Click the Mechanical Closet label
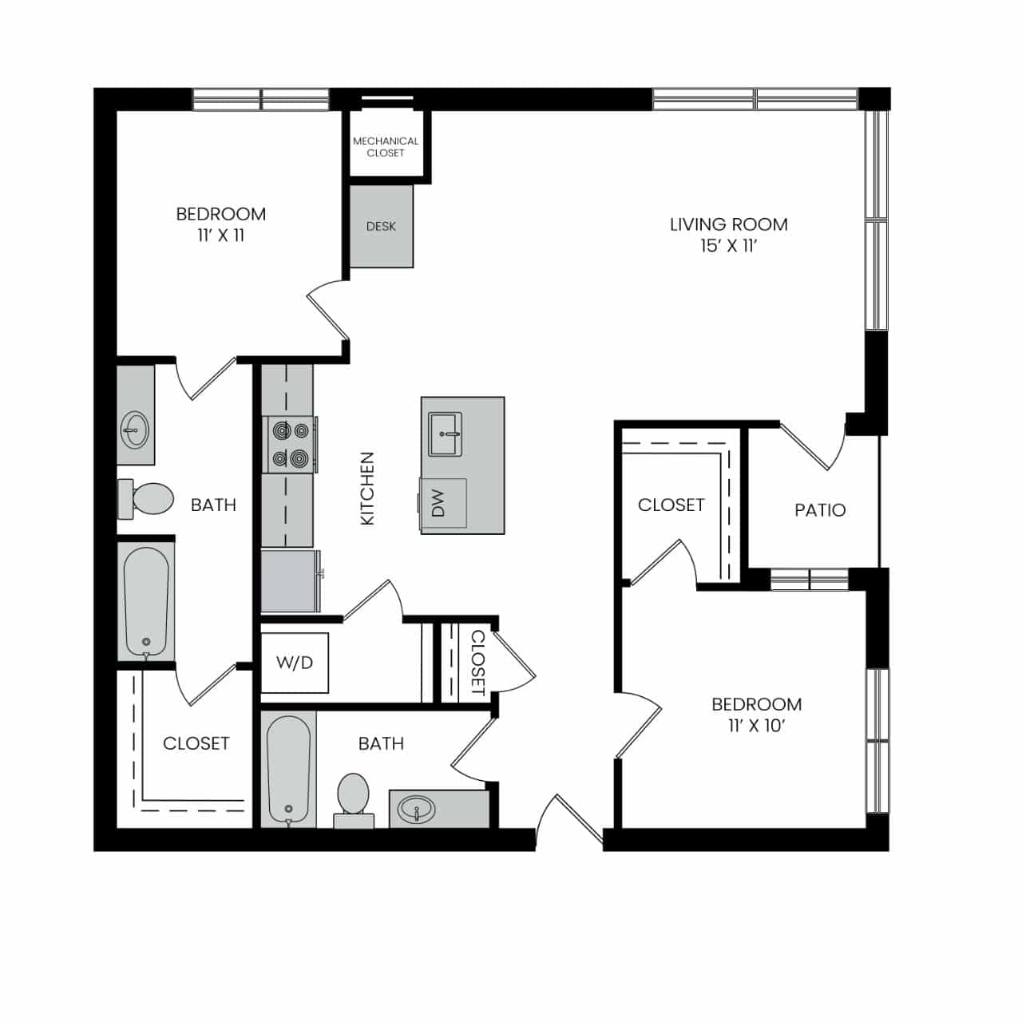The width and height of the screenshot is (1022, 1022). pos(386,147)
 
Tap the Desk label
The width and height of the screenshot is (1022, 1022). pos(381,227)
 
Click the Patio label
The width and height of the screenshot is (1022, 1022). pos(820,510)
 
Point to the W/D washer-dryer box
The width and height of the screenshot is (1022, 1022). pos(295,663)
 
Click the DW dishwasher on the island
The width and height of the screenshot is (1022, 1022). pos(443,503)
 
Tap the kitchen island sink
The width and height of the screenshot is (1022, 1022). pos(445,435)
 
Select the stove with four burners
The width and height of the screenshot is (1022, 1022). pos(290,445)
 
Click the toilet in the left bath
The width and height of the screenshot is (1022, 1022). pos(146,498)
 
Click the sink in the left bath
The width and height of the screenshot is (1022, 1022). pos(135,429)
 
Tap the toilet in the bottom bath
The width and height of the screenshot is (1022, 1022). pos(353,800)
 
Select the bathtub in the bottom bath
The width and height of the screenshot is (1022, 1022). pos(288,770)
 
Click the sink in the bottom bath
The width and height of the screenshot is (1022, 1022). pos(417,810)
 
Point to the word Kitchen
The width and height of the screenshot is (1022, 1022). pos(367,489)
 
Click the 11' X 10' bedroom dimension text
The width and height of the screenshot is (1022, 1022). pos(756,726)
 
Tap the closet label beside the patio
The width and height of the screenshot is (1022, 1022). pos(671,505)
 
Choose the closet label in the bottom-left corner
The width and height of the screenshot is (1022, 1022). pos(196,743)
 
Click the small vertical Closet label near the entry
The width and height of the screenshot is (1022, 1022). pos(478,663)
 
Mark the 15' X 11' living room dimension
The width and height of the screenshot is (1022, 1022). pos(728,246)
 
